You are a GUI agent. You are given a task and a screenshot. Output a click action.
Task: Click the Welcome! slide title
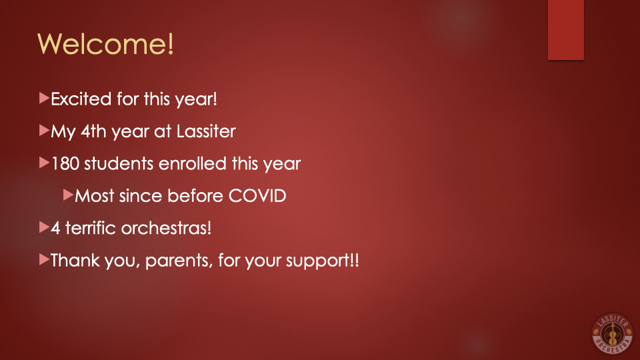pyautogui.click(x=106, y=43)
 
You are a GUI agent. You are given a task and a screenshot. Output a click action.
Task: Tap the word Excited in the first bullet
pyautogui.click(x=81, y=99)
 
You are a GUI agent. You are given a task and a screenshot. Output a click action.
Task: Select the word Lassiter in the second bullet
pyautogui.click(x=206, y=131)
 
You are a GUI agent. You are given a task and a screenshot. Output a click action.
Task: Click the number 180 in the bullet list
pyautogui.click(x=65, y=163)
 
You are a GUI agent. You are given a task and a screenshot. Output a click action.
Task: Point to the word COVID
pyautogui.click(x=257, y=195)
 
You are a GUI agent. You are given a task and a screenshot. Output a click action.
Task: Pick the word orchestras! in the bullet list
pyautogui.click(x=167, y=228)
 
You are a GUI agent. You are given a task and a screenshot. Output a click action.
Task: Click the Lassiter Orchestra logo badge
pyautogui.click(x=612, y=333)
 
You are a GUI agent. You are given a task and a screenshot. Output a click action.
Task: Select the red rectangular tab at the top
pyautogui.click(x=566, y=30)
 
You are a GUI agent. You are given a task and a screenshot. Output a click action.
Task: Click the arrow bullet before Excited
pyautogui.click(x=44, y=98)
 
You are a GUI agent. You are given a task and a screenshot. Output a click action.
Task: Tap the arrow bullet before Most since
pyautogui.click(x=68, y=195)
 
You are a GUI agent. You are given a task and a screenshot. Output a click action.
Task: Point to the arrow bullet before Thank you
pyautogui.click(x=44, y=259)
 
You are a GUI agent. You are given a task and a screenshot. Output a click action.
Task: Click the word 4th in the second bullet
pyautogui.click(x=93, y=131)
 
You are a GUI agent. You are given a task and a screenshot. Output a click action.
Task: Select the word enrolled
pyautogui.click(x=192, y=163)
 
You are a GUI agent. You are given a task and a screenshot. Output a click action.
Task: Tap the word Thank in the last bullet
pyautogui.click(x=75, y=260)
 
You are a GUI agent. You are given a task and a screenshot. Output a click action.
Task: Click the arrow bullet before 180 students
pyautogui.click(x=44, y=163)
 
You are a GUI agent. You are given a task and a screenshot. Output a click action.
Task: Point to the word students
pyautogui.click(x=119, y=163)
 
